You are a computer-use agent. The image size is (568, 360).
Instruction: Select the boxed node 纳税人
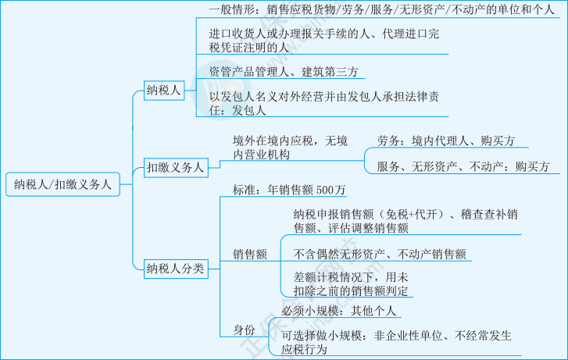[x=163, y=91]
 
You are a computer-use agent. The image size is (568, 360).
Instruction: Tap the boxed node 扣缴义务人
[x=175, y=167]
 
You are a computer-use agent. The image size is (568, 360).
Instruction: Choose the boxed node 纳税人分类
[x=175, y=269]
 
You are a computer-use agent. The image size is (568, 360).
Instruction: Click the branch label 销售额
[x=250, y=254]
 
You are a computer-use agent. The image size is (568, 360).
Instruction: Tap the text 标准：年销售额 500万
[x=289, y=190]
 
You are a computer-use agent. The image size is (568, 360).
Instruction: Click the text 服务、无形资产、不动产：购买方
[x=463, y=166]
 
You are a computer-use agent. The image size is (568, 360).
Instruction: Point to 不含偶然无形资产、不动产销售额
[x=380, y=253]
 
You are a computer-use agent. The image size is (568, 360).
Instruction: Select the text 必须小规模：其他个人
[x=340, y=311]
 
